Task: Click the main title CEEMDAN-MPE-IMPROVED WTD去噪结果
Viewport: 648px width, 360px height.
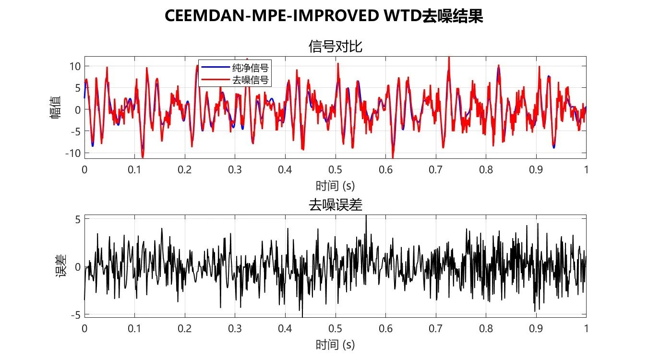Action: click(324, 16)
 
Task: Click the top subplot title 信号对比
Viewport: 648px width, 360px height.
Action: click(335, 47)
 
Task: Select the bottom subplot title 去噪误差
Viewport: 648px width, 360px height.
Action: click(335, 205)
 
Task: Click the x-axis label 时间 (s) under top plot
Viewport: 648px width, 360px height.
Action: click(335, 185)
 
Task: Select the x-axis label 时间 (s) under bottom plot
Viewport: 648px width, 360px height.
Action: click(335, 344)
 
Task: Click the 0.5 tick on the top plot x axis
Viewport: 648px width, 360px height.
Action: click(335, 169)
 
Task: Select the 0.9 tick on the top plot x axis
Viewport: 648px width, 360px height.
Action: click(536, 169)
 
